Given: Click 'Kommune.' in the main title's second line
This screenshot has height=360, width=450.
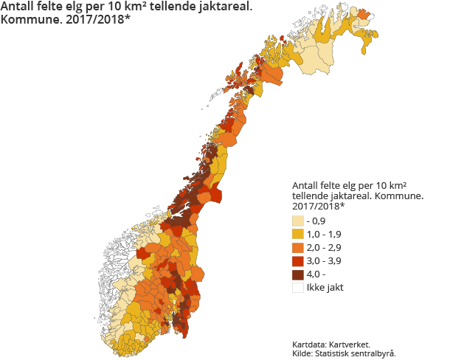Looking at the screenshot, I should point(31,21).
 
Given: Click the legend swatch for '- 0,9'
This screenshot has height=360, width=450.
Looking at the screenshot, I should point(297,221).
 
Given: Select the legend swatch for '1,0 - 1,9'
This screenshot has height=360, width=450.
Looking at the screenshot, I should point(297,234).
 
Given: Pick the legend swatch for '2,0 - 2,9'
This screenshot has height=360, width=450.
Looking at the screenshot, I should point(297,247).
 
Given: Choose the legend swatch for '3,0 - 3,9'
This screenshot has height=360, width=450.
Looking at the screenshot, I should point(297,260).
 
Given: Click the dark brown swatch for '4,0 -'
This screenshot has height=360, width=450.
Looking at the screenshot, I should point(297,274).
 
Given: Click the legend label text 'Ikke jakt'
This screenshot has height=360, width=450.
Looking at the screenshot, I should point(325,287).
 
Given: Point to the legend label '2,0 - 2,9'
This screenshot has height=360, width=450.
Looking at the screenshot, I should point(324,247).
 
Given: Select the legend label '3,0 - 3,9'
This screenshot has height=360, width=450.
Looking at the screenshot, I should point(324,260).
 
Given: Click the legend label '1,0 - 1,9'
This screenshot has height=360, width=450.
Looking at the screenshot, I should point(324,234).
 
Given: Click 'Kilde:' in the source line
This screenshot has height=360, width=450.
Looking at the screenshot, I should point(304,353).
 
